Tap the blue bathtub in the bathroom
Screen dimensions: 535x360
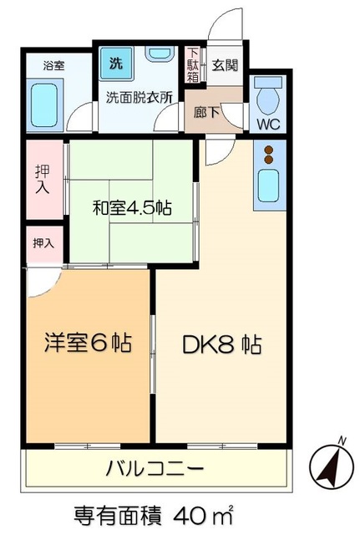pyautogui.click(x=48, y=102)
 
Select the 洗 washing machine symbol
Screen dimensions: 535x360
pyautogui.click(x=112, y=61)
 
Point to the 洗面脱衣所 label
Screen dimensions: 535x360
pyautogui.click(x=138, y=96)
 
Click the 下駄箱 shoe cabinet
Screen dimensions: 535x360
pyautogui.click(x=193, y=64)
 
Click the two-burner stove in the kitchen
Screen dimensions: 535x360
pyautogui.click(x=270, y=154)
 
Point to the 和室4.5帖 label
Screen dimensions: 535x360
pyautogui.click(x=131, y=207)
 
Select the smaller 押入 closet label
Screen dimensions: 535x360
pyautogui.click(x=43, y=243)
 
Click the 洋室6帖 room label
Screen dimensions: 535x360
pyautogui.click(x=88, y=344)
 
